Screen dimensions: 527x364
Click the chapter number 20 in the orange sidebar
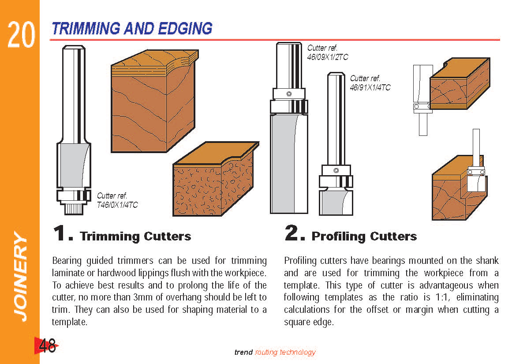click(21, 34)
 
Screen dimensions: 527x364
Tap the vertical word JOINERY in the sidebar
click(20, 276)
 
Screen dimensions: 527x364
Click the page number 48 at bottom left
click(47, 345)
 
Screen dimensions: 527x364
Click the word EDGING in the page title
click(185, 29)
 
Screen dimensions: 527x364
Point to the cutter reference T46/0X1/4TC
click(117, 205)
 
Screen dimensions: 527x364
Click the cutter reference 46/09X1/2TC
click(327, 57)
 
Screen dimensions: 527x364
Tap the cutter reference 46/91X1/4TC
click(370, 87)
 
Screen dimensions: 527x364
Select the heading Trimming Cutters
click(135, 236)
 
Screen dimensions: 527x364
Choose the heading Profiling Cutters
click(364, 236)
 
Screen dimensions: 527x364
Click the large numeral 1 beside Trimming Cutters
click(60, 233)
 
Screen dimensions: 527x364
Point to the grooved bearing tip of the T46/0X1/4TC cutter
click(73, 209)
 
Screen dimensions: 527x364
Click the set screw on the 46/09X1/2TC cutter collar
click(289, 94)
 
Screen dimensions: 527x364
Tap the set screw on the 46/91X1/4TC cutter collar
click(336, 170)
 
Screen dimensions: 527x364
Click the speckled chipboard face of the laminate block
click(197, 190)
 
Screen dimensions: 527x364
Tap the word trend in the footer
click(243, 352)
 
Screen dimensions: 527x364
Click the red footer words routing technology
click(285, 352)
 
